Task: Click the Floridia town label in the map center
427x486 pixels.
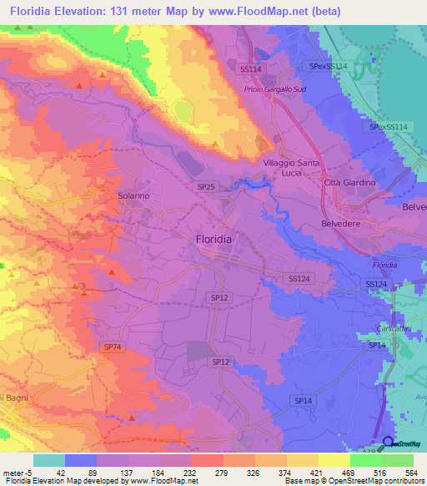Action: tap(213, 239)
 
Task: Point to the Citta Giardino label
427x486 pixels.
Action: tap(350, 183)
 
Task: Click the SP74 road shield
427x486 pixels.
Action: tap(113, 346)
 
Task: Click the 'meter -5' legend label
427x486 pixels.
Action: tap(17, 472)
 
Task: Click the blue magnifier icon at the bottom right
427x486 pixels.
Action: tap(387, 443)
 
